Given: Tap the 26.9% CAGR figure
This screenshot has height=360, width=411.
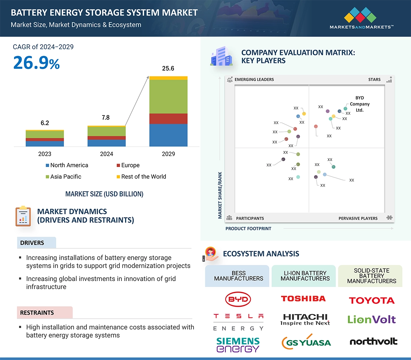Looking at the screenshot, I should (x=36, y=63).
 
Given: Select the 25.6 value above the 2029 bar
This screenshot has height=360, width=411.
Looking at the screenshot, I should (x=168, y=68).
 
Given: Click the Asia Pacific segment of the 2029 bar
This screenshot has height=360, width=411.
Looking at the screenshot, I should (x=168, y=96).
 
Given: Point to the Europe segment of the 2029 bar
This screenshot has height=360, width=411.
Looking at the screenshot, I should (x=168, y=119).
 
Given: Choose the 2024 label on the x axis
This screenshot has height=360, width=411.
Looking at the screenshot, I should (x=106, y=154).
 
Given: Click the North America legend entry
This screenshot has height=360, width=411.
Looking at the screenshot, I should (x=67, y=165).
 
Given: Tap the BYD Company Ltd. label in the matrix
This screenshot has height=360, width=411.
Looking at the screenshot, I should (x=359, y=104).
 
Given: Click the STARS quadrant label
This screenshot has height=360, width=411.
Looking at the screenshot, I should (x=374, y=80).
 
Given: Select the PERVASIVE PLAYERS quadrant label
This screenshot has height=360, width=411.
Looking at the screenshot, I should (x=358, y=218).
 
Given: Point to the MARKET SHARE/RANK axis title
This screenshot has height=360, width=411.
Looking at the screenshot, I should (x=220, y=195).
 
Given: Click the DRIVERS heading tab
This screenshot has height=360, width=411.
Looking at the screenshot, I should (x=32, y=243).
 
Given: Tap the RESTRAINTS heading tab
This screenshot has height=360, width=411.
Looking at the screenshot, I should (x=37, y=313).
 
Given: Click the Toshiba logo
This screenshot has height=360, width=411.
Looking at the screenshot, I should (x=303, y=299).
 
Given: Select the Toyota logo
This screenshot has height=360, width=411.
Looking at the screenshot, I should (x=372, y=300).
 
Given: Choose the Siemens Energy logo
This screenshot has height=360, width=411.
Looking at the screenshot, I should (x=238, y=345).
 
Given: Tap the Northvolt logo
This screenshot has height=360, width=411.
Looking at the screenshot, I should (x=373, y=341).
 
